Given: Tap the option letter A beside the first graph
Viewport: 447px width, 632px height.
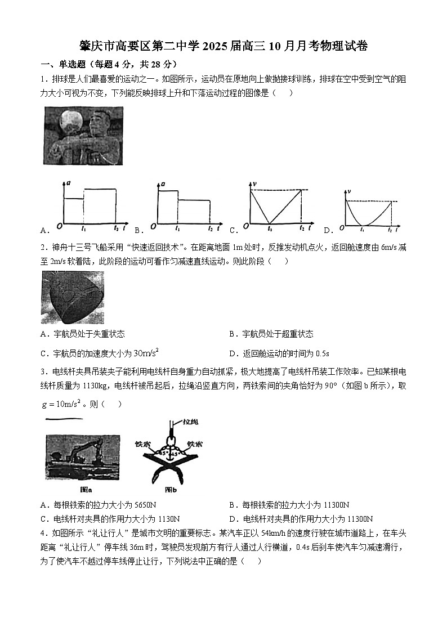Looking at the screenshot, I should pos(44,230).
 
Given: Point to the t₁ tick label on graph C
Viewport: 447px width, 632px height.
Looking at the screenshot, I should pos(270,229).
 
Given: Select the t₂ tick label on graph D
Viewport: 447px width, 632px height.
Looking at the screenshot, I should pos(390,230).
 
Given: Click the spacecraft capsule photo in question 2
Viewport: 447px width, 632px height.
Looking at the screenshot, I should pos(72,298).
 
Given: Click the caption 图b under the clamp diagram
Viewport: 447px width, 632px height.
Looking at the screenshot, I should pos(164,489).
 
